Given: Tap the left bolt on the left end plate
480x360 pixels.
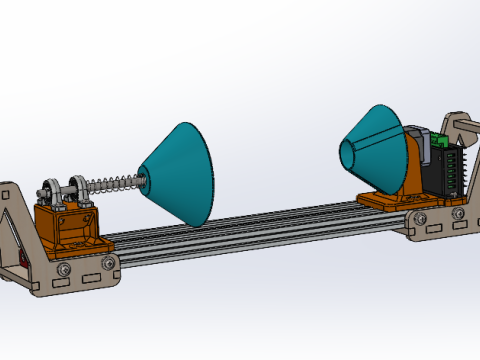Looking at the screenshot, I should pyautogui.click(x=64, y=269).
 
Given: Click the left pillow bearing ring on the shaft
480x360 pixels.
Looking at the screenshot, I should pyautogui.click(x=47, y=190).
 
